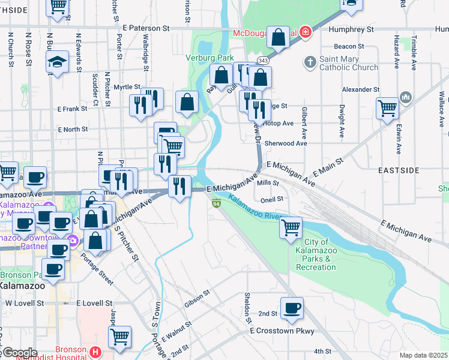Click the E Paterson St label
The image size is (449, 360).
coord(146,28)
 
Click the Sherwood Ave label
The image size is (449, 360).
coord(286,143)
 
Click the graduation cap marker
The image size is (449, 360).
coord(57,62)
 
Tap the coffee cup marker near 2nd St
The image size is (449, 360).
coord(292,308)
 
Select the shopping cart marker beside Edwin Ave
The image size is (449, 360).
coord(387,108)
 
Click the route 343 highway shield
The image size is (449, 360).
coord(263,61)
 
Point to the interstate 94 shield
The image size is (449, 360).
coord(215,204)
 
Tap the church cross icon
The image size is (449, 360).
coord(310,62)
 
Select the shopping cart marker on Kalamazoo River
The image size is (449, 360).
coord(291,227)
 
